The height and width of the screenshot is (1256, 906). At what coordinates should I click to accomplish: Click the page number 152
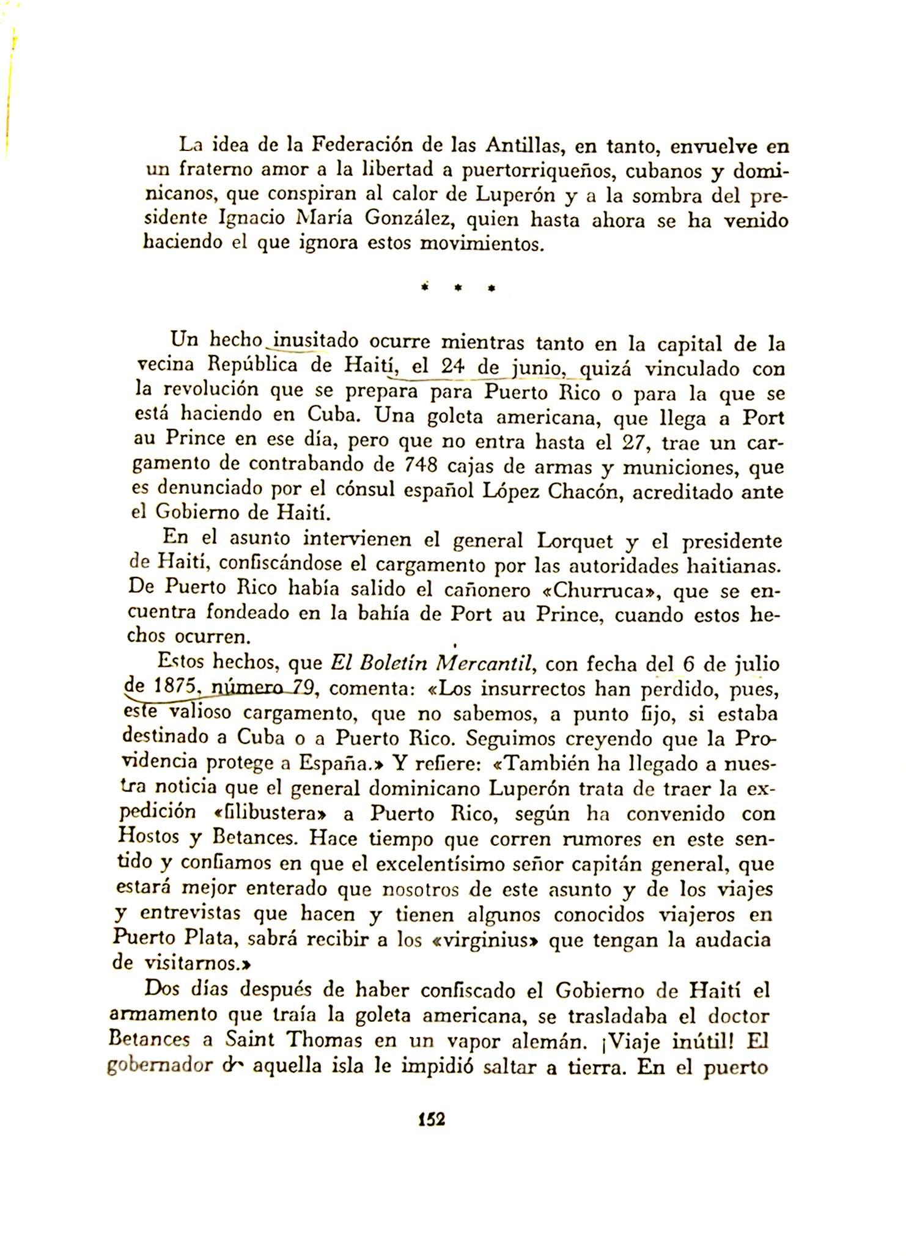(x=432, y=1119)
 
